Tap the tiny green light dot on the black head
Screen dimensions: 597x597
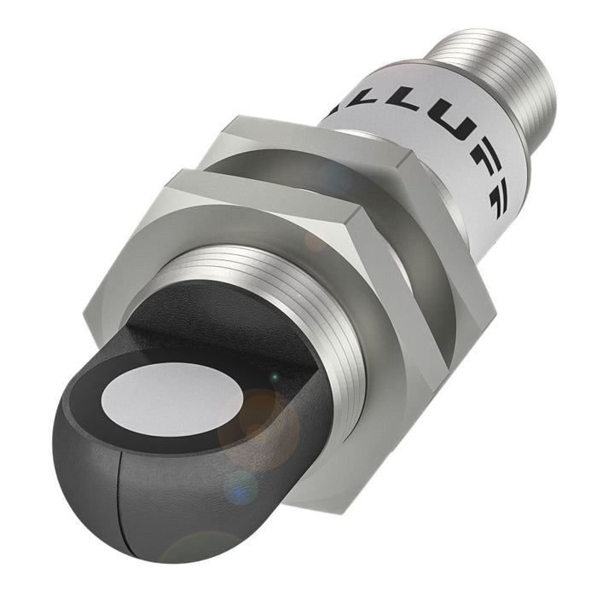tap(274, 376)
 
